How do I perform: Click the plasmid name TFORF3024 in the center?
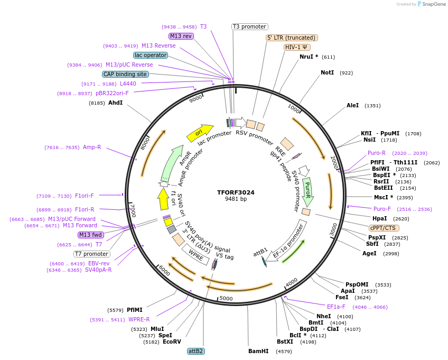click(x=236, y=192)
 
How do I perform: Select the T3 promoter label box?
click(x=250, y=26)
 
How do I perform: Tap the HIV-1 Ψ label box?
click(x=296, y=47)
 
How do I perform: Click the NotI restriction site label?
click(x=327, y=72)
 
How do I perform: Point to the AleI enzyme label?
click(x=352, y=105)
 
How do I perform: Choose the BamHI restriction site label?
click(x=258, y=351)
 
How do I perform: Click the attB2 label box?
click(x=195, y=351)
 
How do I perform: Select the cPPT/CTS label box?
click(x=383, y=228)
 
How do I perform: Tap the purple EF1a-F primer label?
click(x=336, y=307)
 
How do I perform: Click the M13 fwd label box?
click(x=90, y=235)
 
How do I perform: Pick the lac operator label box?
click(x=151, y=55)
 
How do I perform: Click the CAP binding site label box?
click(x=125, y=75)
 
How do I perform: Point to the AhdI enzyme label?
click(x=115, y=103)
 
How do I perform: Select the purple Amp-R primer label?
click(x=91, y=147)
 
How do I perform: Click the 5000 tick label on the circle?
click(x=226, y=299)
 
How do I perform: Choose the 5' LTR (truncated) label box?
click(x=291, y=38)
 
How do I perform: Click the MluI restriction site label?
click(x=157, y=329)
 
